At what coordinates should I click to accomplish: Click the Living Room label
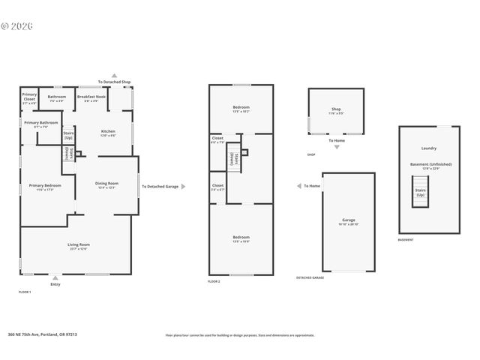coord(79,245)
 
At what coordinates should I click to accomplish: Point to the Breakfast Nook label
coord(91,97)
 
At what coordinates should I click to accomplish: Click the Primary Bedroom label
coord(45,187)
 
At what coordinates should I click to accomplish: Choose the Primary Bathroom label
coord(40,124)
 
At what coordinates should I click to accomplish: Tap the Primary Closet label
coord(29,97)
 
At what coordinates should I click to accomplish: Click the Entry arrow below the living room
coord(55,278)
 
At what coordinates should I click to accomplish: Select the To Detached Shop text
coord(114,82)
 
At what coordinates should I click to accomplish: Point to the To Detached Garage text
coord(160,186)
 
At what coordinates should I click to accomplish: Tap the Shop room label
coord(336,110)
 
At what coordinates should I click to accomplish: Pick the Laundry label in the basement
coord(428,148)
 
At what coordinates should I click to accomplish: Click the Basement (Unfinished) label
coord(428,165)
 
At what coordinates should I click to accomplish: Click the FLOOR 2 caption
coord(214,281)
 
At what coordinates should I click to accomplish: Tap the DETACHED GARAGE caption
coord(309,277)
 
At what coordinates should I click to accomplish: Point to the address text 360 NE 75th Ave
coord(52,335)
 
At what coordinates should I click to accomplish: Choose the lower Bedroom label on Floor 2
coord(241,239)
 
